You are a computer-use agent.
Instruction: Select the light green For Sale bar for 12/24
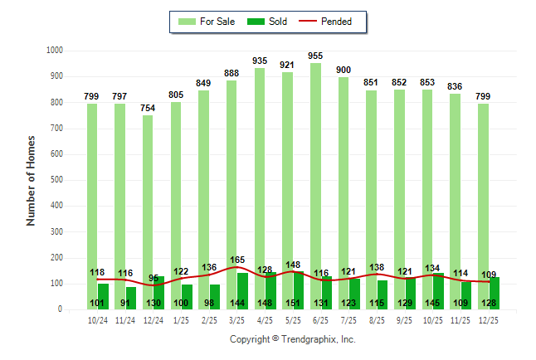[148, 191]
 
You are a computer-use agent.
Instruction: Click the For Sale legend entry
[204, 22]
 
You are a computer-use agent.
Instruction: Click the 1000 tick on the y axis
[56, 51]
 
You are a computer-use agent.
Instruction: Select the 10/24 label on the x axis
[97, 319]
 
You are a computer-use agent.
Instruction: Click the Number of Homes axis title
[32, 180]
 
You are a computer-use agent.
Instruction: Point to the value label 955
[315, 56]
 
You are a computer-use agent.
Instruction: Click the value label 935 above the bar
[260, 61]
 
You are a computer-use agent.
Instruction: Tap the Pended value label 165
[237, 260]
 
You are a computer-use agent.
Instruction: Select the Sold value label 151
[293, 303]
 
